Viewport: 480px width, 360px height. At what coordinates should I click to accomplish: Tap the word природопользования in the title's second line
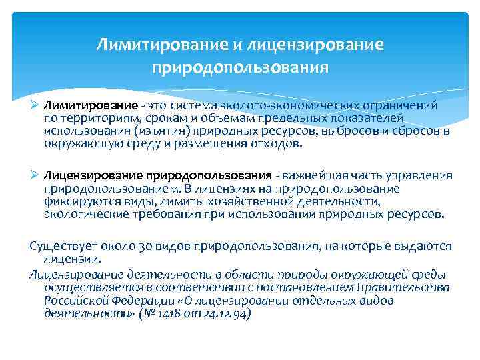240,67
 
